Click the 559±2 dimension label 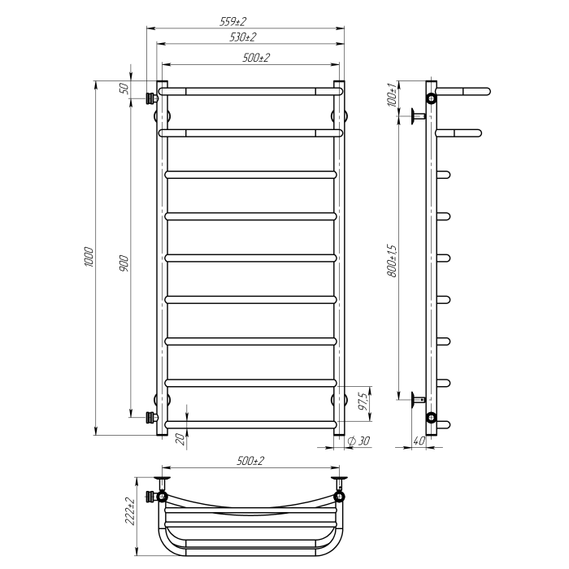pos(232,22)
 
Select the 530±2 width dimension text pos(243,37)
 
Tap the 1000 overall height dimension pos(89,258)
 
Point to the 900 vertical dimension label pos(124,264)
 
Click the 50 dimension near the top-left pos(124,88)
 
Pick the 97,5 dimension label pos(363,402)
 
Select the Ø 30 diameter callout pos(358,441)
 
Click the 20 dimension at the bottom pos(180,440)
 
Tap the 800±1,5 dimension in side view pos(393,261)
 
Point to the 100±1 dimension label pos(393,94)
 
